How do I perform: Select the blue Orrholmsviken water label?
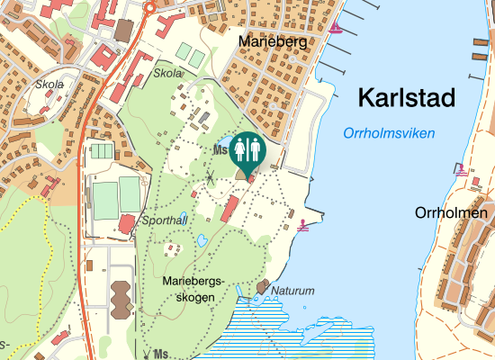(388, 133)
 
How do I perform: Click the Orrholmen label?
(451, 213)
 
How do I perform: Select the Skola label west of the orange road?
(49, 85)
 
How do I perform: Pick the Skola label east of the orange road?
(167, 73)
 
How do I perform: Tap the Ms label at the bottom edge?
(161, 353)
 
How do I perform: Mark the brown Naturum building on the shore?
(263, 287)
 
